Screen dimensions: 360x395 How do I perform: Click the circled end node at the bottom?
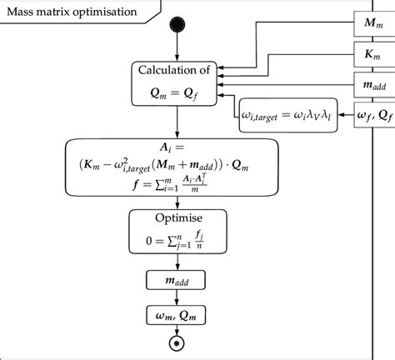pyautogui.click(x=175, y=342)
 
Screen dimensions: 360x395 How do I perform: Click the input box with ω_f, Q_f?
pyautogui.click(x=367, y=112)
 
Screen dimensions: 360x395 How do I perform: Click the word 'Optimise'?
pyautogui.click(x=174, y=219)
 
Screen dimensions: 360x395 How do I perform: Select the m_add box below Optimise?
pyautogui.click(x=174, y=279)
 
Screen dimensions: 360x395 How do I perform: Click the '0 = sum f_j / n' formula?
pyautogui.click(x=174, y=240)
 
